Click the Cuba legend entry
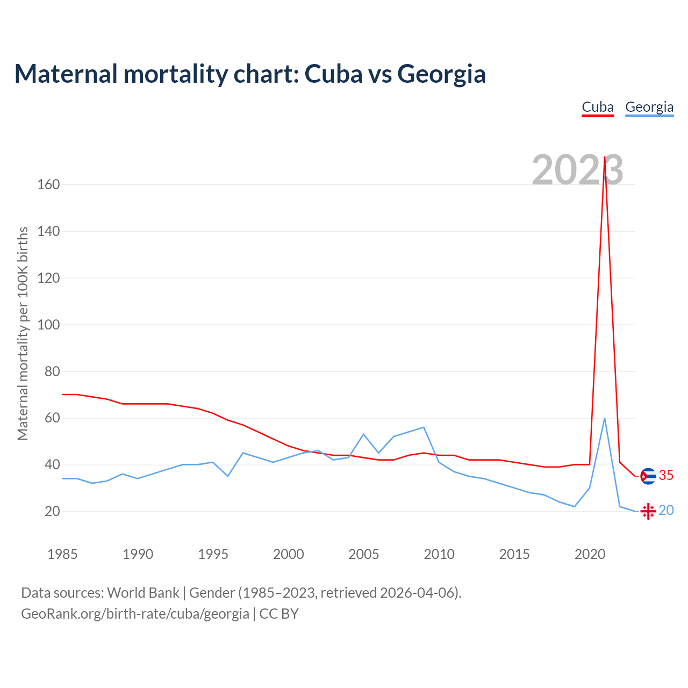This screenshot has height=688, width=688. point(598,107)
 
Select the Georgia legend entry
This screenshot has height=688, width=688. point(649,107)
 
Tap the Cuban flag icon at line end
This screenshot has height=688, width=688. point(648,476)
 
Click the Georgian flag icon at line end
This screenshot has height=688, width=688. point(648,511)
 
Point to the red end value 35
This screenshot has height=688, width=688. point(666,476)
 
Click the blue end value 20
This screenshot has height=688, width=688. point(666,510)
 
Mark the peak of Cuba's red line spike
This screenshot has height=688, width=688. point(605,157)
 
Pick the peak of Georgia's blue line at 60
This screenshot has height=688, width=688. point(605,418)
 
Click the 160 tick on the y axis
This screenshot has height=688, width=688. point(48,185)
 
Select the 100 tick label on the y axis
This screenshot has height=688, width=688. point(48,325)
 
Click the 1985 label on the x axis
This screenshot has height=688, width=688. point(62,554)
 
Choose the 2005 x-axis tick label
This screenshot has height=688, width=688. point(364,554)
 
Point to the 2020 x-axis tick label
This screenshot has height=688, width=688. point(590,554)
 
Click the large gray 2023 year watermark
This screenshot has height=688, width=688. point(577,170)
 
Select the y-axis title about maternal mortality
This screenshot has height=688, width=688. point(23,333)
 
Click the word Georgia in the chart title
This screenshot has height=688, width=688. point(441,74)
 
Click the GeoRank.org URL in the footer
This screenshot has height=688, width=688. point(135,614)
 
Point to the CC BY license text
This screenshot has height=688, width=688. point(279,614)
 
